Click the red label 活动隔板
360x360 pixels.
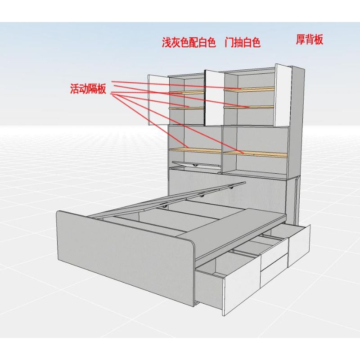point(88,89)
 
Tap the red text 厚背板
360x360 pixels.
point(310,39)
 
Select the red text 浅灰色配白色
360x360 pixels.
point(189,42)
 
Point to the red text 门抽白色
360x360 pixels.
point(243,42)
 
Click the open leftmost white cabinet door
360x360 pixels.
point(159,100)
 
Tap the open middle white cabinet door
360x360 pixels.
point(215,98)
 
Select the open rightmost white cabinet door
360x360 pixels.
point(283,95)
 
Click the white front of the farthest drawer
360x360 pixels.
point(299,245)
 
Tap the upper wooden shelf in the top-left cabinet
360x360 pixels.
point(186,92)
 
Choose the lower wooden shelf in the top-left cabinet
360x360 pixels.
point(186,108)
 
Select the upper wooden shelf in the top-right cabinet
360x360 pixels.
point(249,89)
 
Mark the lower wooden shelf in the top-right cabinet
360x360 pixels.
point(249,107)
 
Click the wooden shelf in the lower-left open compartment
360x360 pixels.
point(195,150)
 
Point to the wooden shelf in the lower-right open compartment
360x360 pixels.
point(255,154)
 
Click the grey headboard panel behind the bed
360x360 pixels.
point(229,190)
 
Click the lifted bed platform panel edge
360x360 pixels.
point(167,200)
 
